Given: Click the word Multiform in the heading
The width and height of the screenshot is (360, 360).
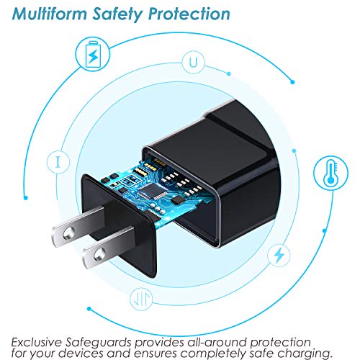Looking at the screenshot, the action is pos(50,14).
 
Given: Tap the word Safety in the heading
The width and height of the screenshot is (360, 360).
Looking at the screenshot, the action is pos(117,15).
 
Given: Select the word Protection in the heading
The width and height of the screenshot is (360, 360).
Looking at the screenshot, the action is pos(189,14).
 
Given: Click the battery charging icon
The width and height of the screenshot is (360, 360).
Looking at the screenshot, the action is pos(93,54).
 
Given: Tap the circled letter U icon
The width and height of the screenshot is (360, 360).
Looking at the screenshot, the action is pos(193,62).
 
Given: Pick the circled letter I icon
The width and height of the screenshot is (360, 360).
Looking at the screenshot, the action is pos(58,162).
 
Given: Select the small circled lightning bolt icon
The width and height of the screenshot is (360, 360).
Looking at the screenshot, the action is pos(279,256).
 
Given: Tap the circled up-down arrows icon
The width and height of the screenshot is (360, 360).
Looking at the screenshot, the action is pos(141,299).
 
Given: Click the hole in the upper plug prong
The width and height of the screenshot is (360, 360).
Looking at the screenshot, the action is pos(68,233).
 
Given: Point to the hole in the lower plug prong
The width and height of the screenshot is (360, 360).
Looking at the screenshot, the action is pos(99,254).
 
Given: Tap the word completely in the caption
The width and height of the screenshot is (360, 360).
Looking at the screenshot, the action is pos(213,354).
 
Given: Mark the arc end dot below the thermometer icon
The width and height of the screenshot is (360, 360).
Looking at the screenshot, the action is pos(325,230).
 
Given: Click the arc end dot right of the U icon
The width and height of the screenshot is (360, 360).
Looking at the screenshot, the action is pos(229,73).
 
